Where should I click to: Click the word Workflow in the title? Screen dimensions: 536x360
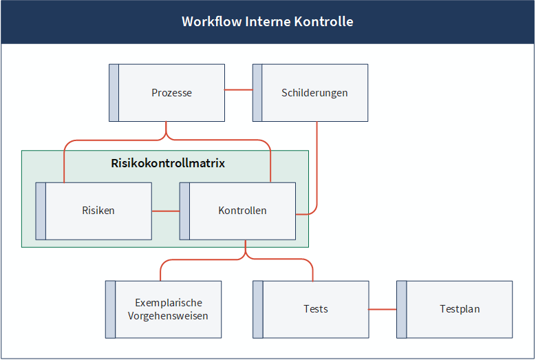click(x=212, y=21)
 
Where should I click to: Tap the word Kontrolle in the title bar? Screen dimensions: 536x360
click(x=323, y=21)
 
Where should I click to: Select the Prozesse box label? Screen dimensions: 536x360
click(x=171, y=93)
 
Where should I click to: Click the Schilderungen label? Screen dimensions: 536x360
click(x=314, y=93)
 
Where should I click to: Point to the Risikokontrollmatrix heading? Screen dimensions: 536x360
click(x=168, y=163)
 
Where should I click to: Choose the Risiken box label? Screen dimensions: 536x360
click(x=98, y=210)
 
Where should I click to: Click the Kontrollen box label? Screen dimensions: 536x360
click(x=242, y=210)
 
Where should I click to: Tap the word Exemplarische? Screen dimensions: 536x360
click(x=169, y=303)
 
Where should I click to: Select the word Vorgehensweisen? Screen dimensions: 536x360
click(x=168, y=316)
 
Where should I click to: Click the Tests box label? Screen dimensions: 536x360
click(x=316, y=309)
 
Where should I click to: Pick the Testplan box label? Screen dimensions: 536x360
click(x=460, y=309)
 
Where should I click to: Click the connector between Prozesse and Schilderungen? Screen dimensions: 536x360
click(x=239, y=90)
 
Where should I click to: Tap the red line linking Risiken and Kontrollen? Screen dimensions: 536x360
click(x=166, y=211)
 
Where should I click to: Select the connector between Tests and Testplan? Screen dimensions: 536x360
click(x=383, y=309)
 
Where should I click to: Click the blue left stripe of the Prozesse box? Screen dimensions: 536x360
click(x=114, y=93)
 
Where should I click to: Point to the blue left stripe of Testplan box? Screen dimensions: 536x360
click(x=402, y=309)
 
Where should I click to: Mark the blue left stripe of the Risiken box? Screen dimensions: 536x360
click(x=41, y=211)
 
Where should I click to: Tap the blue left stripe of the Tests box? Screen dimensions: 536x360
click(x=258, y=309)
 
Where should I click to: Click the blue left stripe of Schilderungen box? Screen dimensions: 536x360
click(x=257, y=93)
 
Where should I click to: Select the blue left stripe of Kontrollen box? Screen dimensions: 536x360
click(x=184, y=211)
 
